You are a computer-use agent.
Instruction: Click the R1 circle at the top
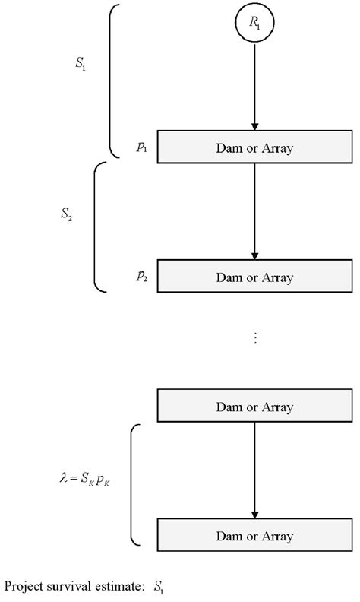pyautogui.click(x=254, y=23)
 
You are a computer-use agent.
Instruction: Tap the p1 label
pyautogui.click(x=142, y=147)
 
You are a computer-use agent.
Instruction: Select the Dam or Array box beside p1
pyautogui.click(x=254, y=148)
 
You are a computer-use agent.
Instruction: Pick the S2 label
pyautogui.click(x=67, y=215)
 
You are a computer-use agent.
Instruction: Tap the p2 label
pyautogui.click(x=142, y=277)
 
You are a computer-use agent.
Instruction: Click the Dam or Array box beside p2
pyautogui.click(x=254, y=277)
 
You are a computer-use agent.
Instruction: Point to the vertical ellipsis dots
pyautogui.click(x=255, y=337)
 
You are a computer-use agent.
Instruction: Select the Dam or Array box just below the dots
pyautogui.click(x=254, y=407)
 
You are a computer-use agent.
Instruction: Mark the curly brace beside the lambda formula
pyautogui.click(x=134, y=484)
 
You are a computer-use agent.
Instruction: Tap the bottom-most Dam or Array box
pyautogui.click(x=254, y=536)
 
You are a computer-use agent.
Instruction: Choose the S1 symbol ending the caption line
pyautogui.click(x=158, y=587)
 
